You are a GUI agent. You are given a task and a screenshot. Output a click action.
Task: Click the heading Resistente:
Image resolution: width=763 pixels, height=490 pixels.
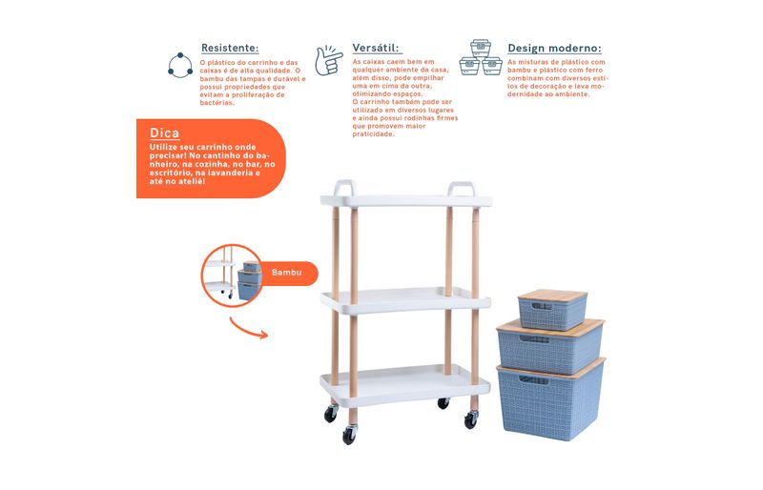pos(230,48)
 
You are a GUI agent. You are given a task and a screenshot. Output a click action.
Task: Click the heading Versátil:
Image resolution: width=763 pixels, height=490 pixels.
pos(375,48)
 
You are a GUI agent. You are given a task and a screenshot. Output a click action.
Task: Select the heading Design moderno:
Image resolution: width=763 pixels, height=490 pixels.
pos(554,49)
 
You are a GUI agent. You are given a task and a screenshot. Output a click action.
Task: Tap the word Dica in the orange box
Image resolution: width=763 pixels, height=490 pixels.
pos(164,133)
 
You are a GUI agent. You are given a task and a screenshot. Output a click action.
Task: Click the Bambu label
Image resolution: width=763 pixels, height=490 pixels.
pos(287,273)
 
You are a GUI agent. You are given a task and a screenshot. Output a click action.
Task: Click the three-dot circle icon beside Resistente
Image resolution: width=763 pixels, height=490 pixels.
pos(180,65)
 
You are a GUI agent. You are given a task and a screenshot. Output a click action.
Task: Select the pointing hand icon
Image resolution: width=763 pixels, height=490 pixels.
pos(328,60)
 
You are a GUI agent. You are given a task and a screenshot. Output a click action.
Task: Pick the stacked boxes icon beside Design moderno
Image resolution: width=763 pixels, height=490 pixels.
pos(481,57)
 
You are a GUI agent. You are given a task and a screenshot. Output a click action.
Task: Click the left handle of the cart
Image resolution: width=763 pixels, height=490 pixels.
pos(344,188)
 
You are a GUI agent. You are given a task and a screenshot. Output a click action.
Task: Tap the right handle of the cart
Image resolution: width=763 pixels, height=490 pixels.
pos(462,189)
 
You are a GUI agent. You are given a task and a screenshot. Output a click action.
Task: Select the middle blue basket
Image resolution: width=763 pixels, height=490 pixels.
pos(550,346)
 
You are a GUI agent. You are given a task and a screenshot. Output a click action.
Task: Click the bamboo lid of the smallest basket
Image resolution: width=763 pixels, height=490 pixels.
pos(553,296)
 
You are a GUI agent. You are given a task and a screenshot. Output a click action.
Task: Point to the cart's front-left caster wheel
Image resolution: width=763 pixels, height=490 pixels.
pos(349,434)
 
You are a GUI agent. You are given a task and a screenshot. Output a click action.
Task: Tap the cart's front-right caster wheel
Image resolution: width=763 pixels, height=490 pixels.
pos(471,419)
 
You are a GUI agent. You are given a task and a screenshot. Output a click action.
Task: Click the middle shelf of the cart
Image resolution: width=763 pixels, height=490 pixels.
pos(406,299)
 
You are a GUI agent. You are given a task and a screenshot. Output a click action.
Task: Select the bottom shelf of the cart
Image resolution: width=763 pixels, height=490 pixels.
pos(404,384)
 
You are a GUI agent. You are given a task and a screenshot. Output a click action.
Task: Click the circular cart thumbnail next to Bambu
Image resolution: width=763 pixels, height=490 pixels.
pos(232,276)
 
